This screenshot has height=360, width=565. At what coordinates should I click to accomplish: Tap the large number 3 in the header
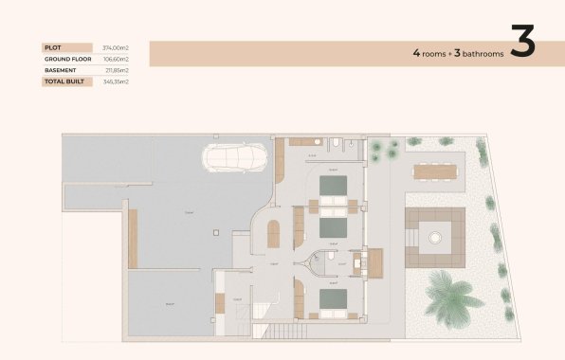click(523, 43)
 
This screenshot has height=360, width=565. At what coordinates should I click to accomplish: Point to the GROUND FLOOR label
click(66, 59)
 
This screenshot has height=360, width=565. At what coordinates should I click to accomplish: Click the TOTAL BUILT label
click(64, 81)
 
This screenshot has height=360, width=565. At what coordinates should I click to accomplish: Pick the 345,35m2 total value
click(116, 81)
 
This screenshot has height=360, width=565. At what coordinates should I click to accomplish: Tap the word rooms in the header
click(435, 54)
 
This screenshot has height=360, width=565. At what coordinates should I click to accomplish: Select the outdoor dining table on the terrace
click(434, 171)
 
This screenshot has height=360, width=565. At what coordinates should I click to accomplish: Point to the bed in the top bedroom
click(333, 186)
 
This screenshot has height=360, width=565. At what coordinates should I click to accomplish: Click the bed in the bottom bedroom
click(333, 300)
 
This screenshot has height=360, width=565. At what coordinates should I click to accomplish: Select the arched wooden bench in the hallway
click(273, 233)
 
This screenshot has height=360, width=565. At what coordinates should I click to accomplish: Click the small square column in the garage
click(218, 232)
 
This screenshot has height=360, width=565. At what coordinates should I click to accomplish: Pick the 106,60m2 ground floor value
click(116, 59)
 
